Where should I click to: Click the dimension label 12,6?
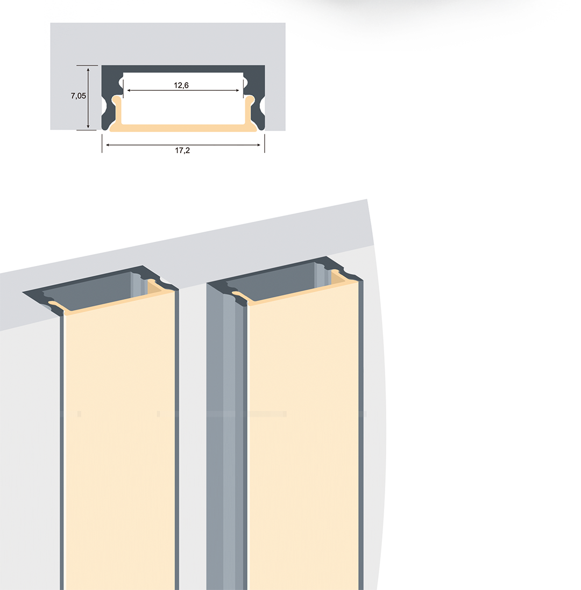click(x=181, y=85)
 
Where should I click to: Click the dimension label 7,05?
click(x=79, y=96)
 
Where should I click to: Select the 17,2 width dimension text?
click(x=182, y=150)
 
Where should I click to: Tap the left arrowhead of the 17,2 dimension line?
click(x=108, y=145)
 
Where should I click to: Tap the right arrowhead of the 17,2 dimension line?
click(x=258, y=145)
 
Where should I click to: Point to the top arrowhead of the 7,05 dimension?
click(x=88, y=70)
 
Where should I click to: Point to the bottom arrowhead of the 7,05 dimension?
click(x=88, y=126)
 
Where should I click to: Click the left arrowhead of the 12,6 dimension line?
click(x=130, y=90)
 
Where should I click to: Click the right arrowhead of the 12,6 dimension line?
click(x=237, y=90)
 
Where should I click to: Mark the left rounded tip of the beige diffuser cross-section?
click(x=117, y=100)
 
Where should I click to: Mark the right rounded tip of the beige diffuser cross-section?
click(x=250, y=100)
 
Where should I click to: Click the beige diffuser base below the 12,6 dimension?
click(x=183, y=128)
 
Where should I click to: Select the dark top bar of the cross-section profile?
click(x=183, y=68)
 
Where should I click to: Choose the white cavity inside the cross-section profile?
click(x=183, y=98)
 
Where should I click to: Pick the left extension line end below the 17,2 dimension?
click(x=102, y=152)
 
